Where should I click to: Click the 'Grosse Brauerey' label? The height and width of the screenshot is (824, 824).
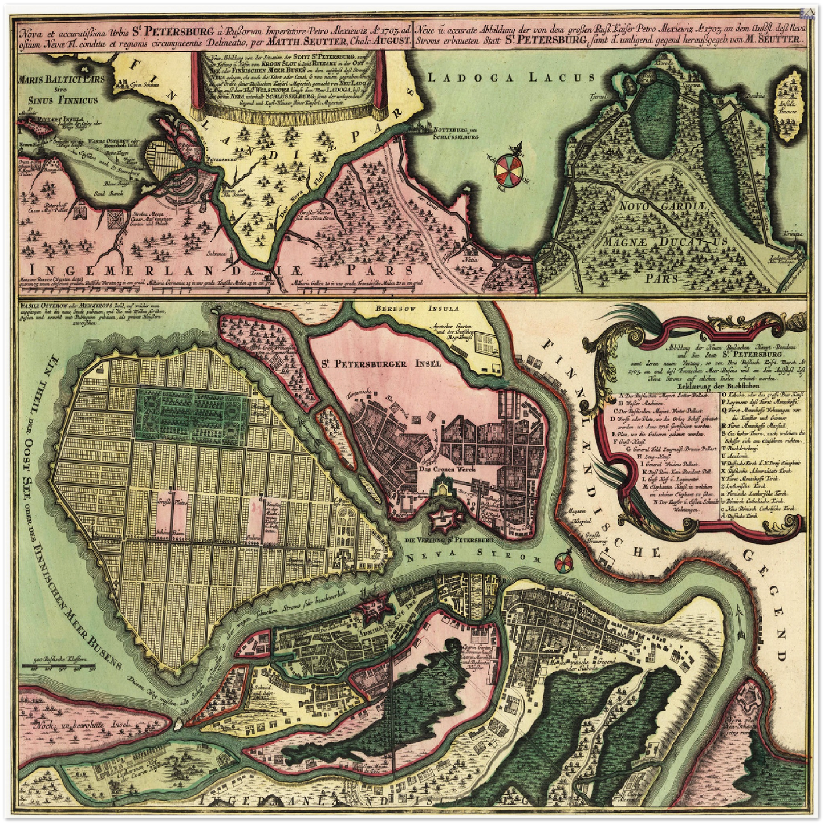[x=595, y=539]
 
